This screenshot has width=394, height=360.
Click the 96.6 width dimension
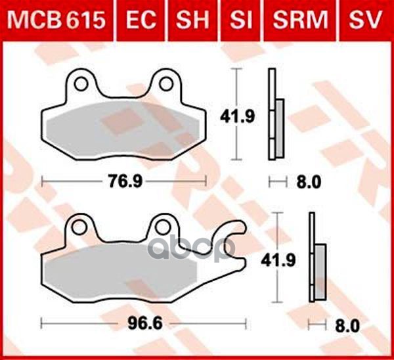point(143,323)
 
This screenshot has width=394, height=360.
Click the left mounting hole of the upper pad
point(81,84)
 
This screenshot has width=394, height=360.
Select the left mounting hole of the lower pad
point(80,227)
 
